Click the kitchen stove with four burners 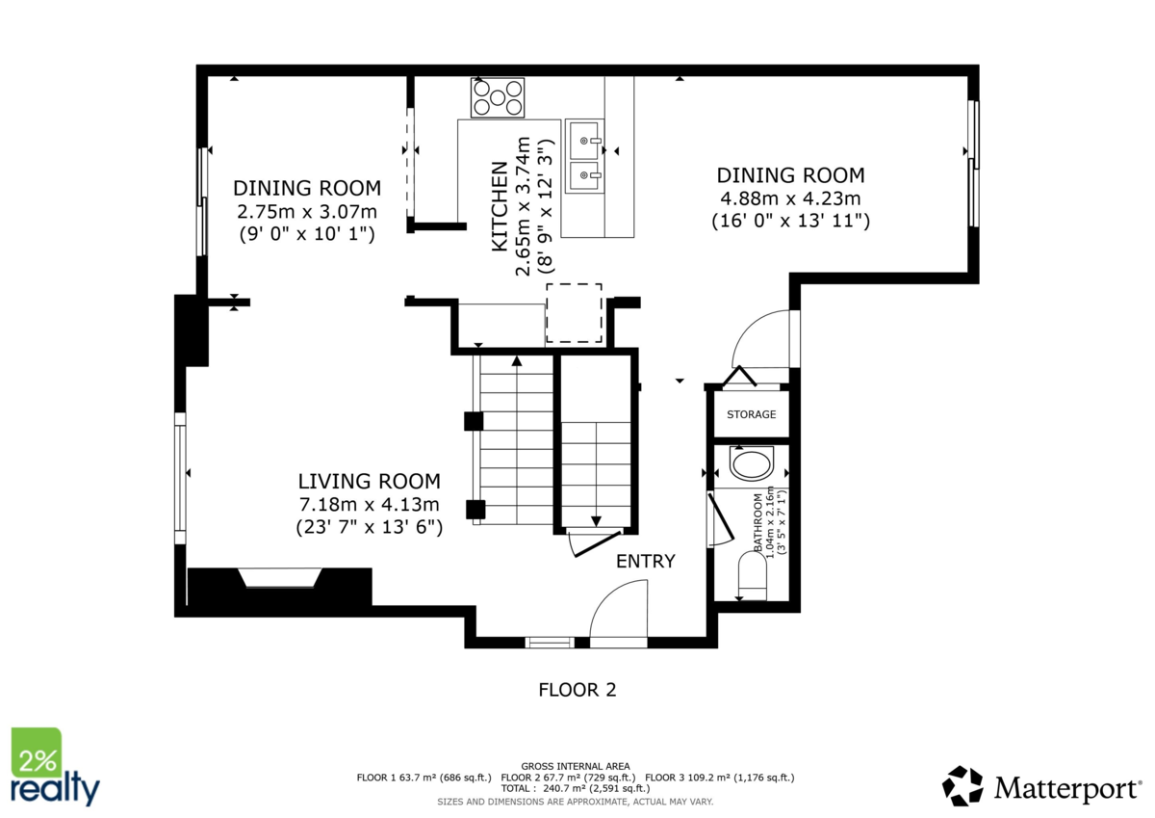click(x=497, y=97)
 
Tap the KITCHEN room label click(x=500, y=207)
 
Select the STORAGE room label click(x=751, y=414)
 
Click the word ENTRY click(x=646, y=562)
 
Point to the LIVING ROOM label click(x=369, y=481)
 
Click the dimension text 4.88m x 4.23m click(x=789, y=198)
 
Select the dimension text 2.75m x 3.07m click(x=307, y=211)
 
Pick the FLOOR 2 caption click(x=577, y=690)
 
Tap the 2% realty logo click(x=53, y=767)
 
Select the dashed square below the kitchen click(x=574, y=313)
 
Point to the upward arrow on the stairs click(x=517, y=362)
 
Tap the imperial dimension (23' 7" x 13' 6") click(x=369, y=527)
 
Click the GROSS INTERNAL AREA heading click(x=576, y=766)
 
